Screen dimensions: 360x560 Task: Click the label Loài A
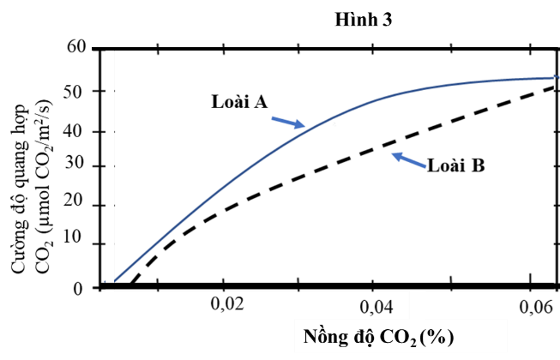click(x=239, y=102)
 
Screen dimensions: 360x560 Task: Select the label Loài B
click(x=456, y=165)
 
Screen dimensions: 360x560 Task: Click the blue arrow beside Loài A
click(x=287, y=122)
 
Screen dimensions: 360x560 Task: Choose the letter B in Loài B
click(x=479, y=165)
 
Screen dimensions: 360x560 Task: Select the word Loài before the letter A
click(x=230, y=102)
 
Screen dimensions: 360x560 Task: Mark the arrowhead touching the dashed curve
click(x=395, y=156)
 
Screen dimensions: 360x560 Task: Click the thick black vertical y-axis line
click(x=109, y=171)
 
